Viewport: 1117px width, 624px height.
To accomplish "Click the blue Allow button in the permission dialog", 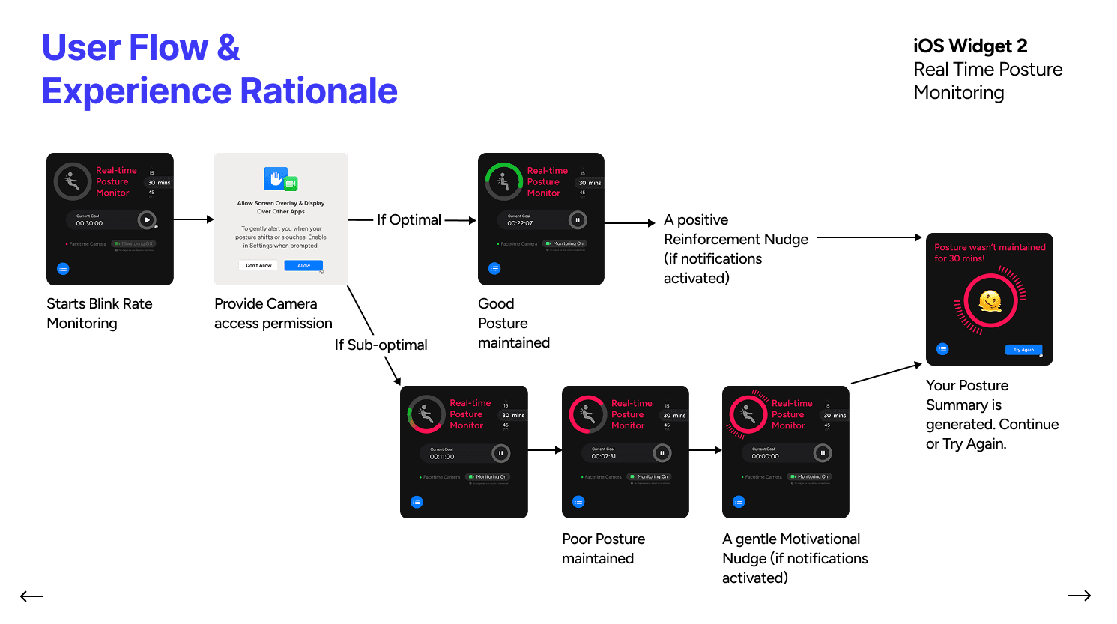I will coord(303,265).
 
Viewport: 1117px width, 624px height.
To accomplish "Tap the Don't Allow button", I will coord(259,265).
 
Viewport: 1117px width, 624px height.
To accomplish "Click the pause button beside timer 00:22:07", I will coord(577,220).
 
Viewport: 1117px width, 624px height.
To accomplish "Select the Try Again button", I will coord(1023,350).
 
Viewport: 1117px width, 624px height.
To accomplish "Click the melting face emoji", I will coord(990,301).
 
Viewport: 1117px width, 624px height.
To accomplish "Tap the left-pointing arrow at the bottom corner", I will coord(31,596).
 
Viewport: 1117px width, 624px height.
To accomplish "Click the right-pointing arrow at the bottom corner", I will coord(1079,596).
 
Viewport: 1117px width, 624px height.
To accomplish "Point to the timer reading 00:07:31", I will coord(604,456).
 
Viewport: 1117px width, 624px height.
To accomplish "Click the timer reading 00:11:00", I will coord(442,456).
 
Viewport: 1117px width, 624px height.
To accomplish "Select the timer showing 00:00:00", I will coord(765,456).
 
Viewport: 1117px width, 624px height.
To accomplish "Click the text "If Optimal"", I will coord(409,219).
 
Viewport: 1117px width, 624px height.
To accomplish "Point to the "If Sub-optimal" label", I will coord(381,345).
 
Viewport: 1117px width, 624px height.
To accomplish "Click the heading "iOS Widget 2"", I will coord(970,46).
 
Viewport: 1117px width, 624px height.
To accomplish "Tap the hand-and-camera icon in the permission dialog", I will coord(280,180).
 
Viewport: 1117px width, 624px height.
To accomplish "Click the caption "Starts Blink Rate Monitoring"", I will coord(99,313).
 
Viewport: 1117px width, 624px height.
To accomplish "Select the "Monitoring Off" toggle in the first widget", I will coord(134,243).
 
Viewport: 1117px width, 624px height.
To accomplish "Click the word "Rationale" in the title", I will coord(319,91).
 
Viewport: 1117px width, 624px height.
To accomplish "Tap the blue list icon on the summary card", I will coord(942,349).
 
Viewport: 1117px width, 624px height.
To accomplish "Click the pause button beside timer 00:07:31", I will coord(662,453).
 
